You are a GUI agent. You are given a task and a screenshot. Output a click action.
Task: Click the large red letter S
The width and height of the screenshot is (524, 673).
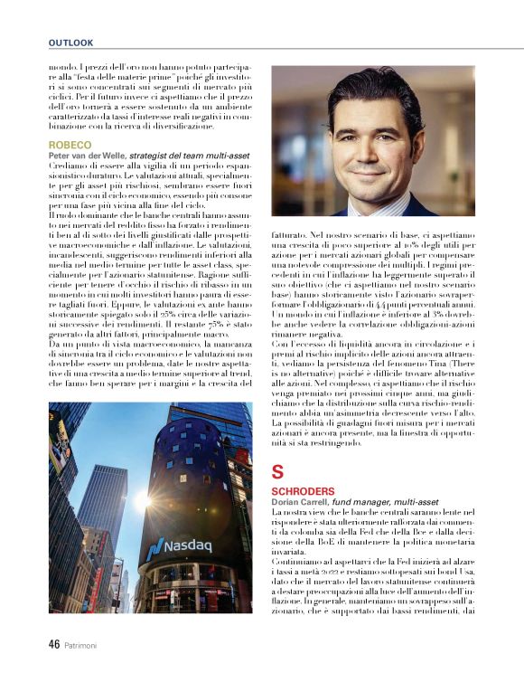277,471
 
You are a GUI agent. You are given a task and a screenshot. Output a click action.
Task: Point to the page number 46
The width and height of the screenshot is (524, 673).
53,646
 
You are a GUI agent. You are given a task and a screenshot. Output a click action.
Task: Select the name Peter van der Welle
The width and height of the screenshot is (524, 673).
89,156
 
